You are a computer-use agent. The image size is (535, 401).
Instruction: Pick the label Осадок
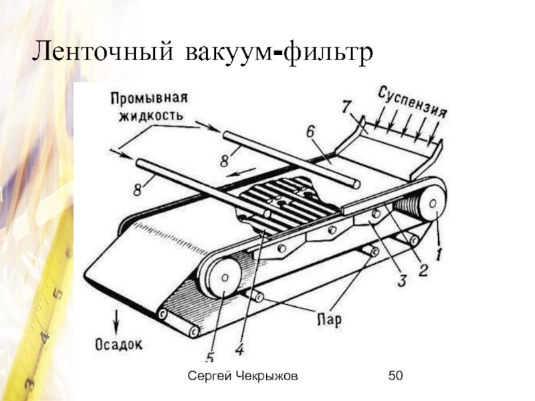pyautogui.click(x=118, y=345)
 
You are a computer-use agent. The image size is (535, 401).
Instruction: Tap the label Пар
pyautogui.click(x=328, y=319)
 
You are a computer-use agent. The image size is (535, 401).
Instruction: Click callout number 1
pyautogui.click(x=439, y=255)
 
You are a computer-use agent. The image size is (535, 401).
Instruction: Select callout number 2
pyautogui.click(x=423, y=269)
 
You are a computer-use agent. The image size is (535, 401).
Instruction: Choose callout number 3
pyautogui.click(x=401, y=281)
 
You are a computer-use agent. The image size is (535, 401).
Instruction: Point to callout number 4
pyautogui.click(x=238, y=348)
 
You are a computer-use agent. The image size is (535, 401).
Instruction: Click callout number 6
pyautogui.click(x=310, y=132)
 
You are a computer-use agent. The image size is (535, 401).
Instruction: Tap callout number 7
pyautogui.click(x=346, y=106)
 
